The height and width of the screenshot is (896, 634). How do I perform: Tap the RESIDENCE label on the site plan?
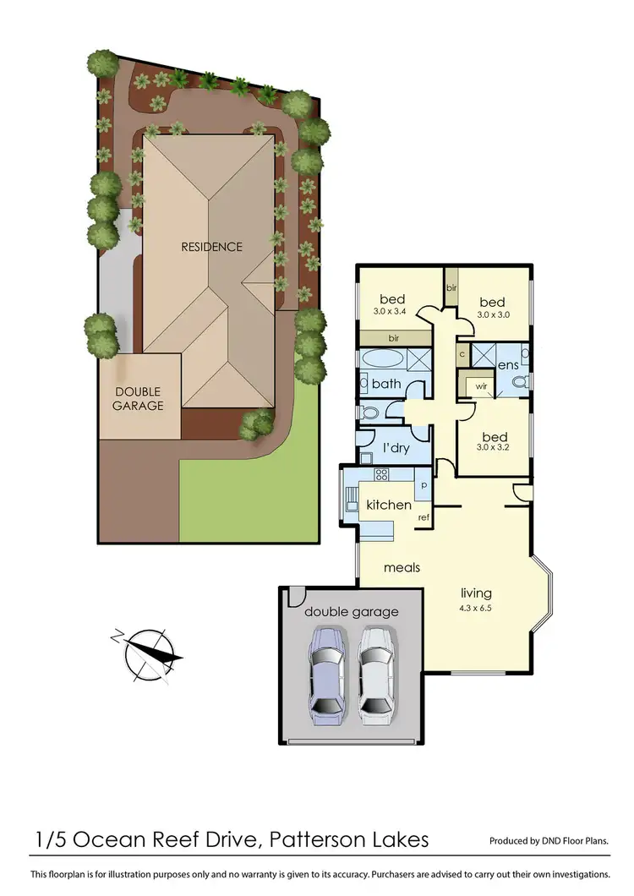[211, 247]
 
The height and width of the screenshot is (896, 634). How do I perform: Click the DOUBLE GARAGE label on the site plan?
[139, 398]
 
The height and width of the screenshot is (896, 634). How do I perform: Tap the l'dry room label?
[396, 447]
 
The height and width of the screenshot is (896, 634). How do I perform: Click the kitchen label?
[388, 505]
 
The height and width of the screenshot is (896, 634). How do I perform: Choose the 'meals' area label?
[402, 567]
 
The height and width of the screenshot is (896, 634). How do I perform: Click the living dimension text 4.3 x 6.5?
[476, 607]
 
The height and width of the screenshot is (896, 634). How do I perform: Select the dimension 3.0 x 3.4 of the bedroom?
[392, 312]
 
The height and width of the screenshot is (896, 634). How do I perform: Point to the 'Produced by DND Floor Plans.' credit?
[549, 842]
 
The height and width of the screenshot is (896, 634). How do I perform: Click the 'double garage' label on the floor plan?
[351, 612]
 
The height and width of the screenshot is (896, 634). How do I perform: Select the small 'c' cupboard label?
[462, 353]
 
